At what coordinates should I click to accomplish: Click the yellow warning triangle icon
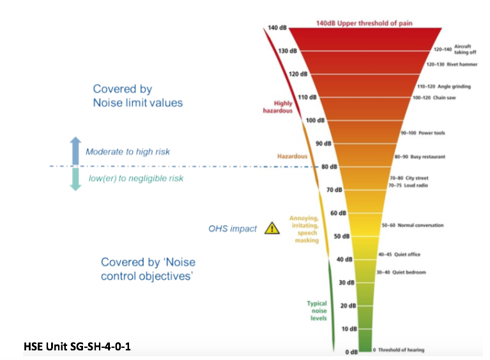tap(272, 228)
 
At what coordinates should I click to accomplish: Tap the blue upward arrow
tap(75, 150)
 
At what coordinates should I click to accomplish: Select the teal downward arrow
tap(75, 179)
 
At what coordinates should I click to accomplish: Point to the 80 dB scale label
tap(330, 167)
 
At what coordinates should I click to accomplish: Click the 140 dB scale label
tap(277, 27)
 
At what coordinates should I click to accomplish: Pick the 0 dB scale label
tap(351, 352)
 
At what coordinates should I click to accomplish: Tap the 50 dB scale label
tap(342, 236)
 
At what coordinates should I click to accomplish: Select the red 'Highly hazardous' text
tap(278, 107)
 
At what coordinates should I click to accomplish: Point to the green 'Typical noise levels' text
tap(317, 311)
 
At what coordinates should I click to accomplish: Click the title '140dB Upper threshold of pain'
tap(364, 23)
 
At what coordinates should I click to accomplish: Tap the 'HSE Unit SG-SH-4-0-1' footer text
tap(77, 346)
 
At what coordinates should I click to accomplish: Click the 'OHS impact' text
tap(233, 229)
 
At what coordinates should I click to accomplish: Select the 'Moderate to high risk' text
tap(128, 152)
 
